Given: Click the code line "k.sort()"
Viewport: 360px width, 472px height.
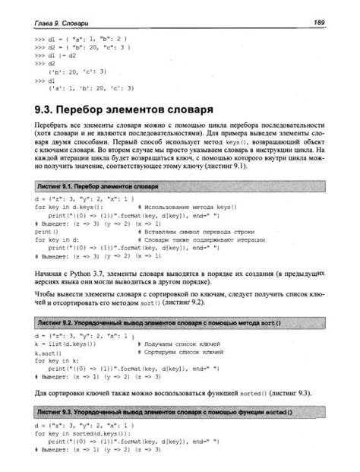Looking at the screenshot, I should point(49,353).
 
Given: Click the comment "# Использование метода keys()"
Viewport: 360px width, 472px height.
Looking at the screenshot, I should point(188,206).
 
